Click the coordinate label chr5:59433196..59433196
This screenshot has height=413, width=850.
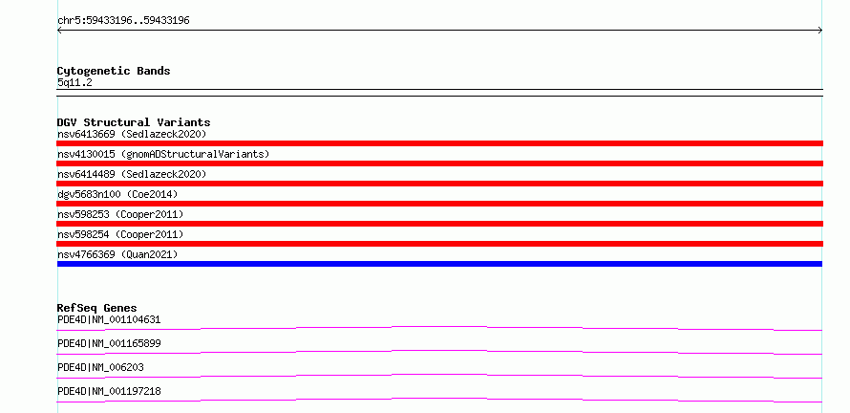click(x=123, y=21)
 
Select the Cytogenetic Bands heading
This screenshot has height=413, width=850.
click(x=114, y=71)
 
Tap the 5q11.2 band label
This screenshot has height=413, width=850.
click(x=74, y=82)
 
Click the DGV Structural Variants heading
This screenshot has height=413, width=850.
click(x=134, y=122)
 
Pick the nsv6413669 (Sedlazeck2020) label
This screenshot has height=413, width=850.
click(x=132, y=134)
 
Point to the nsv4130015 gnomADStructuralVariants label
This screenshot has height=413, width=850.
click(x=163, y=154)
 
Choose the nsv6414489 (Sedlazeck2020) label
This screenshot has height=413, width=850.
click(x=132, y=174)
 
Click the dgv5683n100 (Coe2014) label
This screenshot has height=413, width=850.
click(x=117, y=194)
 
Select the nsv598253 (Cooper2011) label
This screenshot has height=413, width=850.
click(x=120, y=214)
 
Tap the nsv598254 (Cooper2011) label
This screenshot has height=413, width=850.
click(x=120, y=234)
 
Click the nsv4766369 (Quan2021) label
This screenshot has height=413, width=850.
click(x=117, y=254)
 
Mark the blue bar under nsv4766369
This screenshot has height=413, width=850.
click(x=439, y=264)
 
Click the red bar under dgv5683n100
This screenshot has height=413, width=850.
click(x=439, y=204)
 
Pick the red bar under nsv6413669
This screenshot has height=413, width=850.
click(x=439, y=143)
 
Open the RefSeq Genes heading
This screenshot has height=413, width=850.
click(x=97, y=308)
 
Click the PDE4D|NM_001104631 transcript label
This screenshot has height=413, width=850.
click(x=109, y=319)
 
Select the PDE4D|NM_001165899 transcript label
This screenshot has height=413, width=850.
click(x=109, y=343)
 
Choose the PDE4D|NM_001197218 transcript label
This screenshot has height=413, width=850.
click(x=109, y=391)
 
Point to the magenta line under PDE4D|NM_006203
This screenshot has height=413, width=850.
click(x=439, y=375)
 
